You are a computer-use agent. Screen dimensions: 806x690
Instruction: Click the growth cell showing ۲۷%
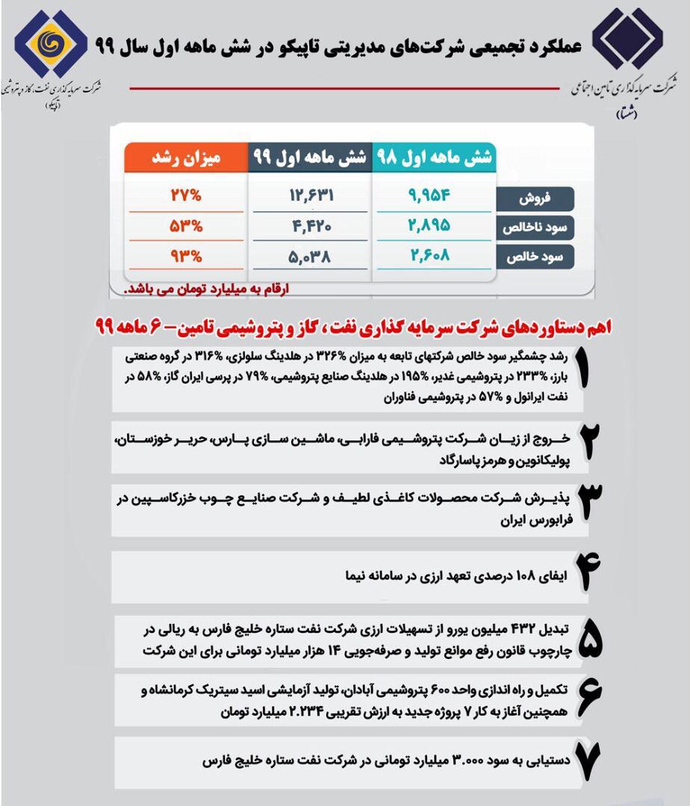pos(185,196)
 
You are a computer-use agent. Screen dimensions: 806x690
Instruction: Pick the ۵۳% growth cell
pos(185,226)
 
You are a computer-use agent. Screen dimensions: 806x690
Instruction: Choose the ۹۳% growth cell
pos(185,257)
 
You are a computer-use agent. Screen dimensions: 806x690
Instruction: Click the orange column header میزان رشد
pos(185,158)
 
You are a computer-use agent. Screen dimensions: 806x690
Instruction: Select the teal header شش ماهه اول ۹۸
pos(433,158)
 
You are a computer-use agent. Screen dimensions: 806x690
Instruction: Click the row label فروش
pos(535,199)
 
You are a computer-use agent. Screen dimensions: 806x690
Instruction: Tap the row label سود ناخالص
pos(535,228)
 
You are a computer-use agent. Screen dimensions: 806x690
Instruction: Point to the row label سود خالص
pos(535,256)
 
